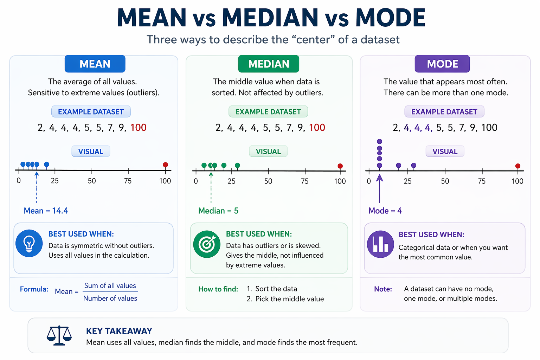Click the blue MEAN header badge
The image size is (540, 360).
tap(95, 64)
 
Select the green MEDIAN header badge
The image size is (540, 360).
tap(269, 64)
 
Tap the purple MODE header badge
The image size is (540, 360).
tap(442, 64)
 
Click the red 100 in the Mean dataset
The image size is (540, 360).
tap(138, 128)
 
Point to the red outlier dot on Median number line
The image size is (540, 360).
tap(340, 166)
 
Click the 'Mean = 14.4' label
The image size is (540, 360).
tap(46, 211)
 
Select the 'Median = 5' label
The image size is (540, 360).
tap(218, 211)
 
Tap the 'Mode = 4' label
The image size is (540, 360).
tap(385, 211)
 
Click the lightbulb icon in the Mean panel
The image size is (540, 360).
tap(29, 243)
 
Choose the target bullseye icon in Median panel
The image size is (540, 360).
tap(207, 244)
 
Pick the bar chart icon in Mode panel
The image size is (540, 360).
tap(380, 244)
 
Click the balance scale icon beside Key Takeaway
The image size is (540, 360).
tap(59, 335)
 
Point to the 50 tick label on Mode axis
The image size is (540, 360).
tap(445, 181)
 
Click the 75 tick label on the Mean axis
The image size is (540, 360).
tap(128, 181)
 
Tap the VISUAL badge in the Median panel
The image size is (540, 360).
tap(268, 152)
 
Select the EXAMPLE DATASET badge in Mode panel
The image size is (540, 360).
tap(444, 112)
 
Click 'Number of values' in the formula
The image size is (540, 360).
tap(110, 298)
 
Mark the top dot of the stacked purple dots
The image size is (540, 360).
tap(379, 142)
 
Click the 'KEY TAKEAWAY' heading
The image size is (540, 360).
tap(119, 331)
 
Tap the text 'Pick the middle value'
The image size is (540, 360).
tap(289, 299)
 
